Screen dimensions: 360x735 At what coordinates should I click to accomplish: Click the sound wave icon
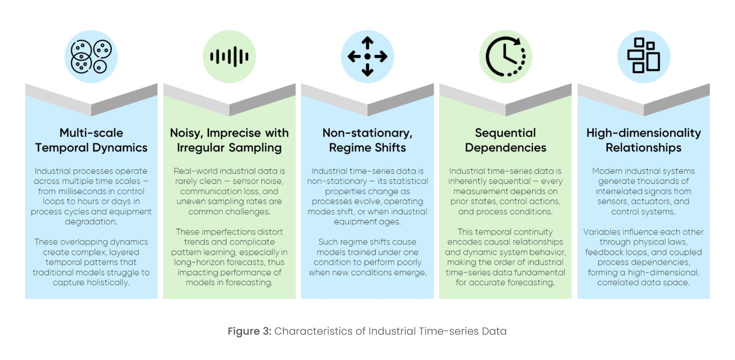229,57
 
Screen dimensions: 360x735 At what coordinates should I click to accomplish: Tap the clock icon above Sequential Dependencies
505,57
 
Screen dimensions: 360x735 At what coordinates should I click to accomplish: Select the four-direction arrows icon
367,57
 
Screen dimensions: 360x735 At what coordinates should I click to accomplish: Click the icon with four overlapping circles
91,57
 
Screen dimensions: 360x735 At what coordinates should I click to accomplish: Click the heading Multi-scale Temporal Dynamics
91,140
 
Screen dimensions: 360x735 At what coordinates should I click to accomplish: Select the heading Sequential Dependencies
505,140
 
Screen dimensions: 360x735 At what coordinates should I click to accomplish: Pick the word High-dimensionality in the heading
644,133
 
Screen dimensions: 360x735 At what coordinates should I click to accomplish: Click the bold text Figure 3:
249,331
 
